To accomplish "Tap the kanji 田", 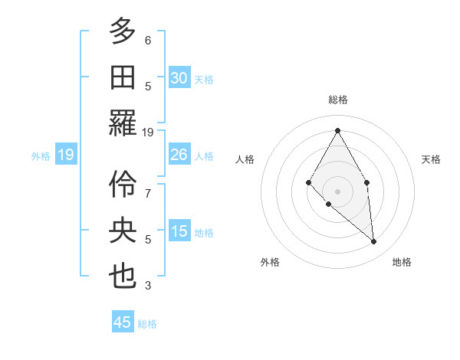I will click(x=123, y=77).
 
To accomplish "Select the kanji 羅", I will click(x=123, y=122).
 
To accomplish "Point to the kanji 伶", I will click(x=123, y=184).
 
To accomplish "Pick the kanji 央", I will click(x=123, y=230).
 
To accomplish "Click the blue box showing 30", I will click(x=179, y=78).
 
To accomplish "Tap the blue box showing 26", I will click(x=179, y=155).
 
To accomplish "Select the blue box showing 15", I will click(x=179, y=231).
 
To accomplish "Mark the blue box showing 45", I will click(x=123, y=322).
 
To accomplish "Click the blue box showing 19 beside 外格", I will click(x=65, y=155).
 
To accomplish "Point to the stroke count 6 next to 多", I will click(x=148, y=40).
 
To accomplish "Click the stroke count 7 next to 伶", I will click(x=148, y=186).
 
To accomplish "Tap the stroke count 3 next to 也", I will click(x=148, y=286).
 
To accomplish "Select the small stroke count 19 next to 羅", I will click(x=148, y=132).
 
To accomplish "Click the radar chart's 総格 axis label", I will click(x=338, y=100).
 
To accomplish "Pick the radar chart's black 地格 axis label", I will click(x=402, y=262).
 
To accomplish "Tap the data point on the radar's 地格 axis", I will click(x=374, y=241).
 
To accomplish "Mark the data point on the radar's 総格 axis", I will click(x=337, y=129).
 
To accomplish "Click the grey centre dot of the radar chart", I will click(x=337, y=191).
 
